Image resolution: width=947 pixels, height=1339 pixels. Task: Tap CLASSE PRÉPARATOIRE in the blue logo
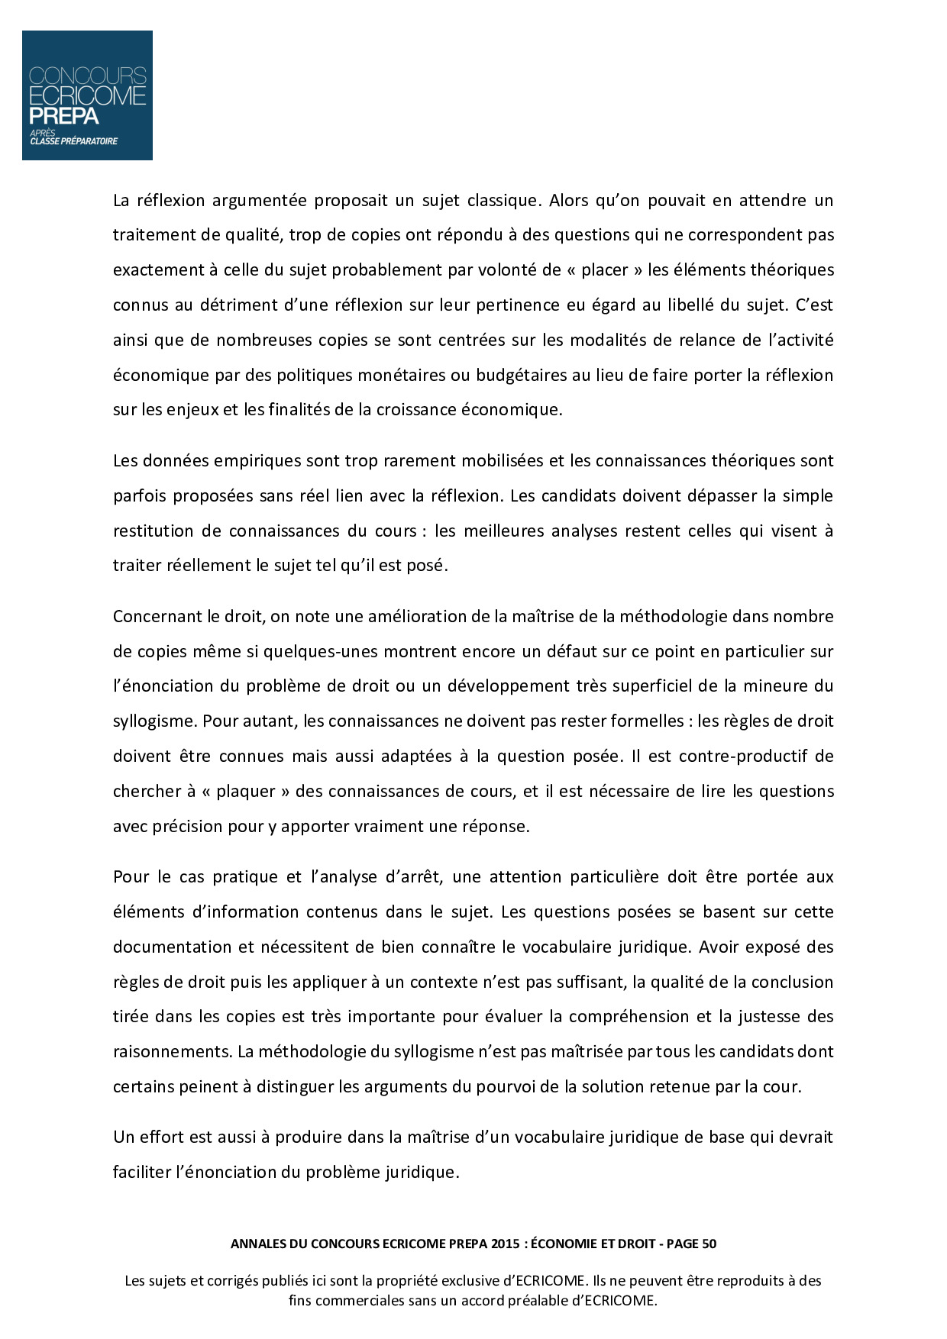tap(73, 141)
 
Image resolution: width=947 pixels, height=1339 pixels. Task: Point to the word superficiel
tap(649, 686)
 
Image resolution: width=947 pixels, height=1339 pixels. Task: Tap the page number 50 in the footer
tap(708, 1244)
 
